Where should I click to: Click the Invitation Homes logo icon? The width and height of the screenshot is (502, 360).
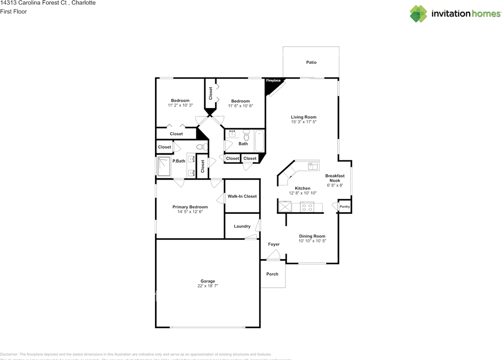tap(418, 14)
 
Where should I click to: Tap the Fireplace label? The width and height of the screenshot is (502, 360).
tap(273, 81)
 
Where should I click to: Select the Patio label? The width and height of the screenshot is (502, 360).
tap(311, 62)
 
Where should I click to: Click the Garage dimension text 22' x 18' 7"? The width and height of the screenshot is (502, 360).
tap(208, 286)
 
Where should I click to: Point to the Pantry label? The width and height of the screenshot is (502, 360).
tap(345, 207)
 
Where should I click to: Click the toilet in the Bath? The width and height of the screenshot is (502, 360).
tap(246, 135)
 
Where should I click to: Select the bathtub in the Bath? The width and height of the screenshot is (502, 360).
tap(259, 141)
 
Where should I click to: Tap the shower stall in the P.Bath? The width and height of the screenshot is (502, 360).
tap(164, 167)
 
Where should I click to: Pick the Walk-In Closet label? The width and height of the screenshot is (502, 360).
tap(242, 196)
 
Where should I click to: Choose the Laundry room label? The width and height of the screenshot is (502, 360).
tap(242, 226)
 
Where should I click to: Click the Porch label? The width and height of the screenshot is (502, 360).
tap(272, 274)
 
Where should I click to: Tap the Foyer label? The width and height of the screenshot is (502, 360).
tap(274, 244)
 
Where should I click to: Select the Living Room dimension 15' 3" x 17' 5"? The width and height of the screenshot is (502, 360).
tap(304, 122)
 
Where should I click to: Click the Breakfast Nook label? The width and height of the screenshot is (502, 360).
tap(335, 178)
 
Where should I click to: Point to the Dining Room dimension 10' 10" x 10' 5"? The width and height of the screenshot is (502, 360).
tap(312, 241)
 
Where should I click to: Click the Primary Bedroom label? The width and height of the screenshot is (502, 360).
tap(190, 207)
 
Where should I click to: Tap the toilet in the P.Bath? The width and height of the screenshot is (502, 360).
tap(201, 147)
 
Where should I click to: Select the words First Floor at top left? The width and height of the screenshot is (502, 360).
tap(14, 12)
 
